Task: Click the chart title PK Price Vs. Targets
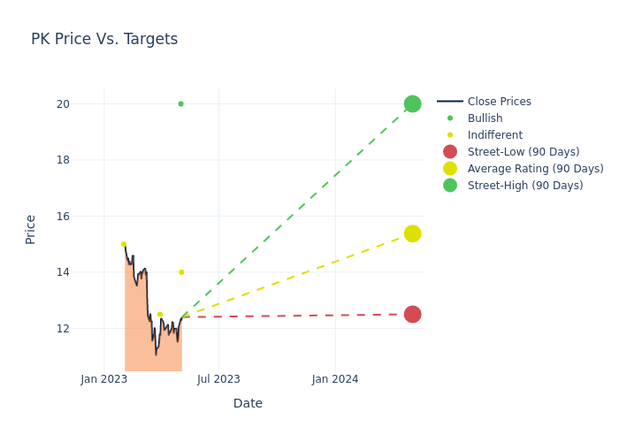click(104, 39)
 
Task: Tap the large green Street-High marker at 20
click(412, 103)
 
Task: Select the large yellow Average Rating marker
click(412, 233)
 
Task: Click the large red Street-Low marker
click(412, 314)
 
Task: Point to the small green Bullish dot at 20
click(180, 103)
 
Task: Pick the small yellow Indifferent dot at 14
click(181, 272)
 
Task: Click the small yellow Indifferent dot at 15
click(124, 244)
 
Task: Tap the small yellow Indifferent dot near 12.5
click(160, 314)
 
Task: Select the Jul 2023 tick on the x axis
click(218, 379)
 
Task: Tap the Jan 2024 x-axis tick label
click(335, 379)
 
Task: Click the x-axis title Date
click(248, 403)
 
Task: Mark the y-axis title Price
click(31, 229)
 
